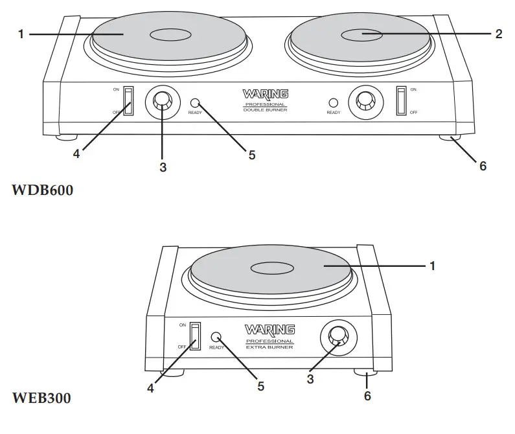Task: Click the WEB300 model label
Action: coord(41,397)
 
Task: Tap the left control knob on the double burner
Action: coord(163,102)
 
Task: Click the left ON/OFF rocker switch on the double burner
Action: coord(129,100)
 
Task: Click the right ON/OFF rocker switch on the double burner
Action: coord(401,100)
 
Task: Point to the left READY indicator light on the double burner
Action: coord(194,102)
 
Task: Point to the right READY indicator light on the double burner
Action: coord(334,102)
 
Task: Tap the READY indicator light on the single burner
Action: coord(216,337)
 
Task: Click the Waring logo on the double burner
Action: coord(264,95)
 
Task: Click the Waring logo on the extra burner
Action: coord(269,330)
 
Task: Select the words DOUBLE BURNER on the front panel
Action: coord(264,111)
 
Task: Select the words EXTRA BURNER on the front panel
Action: coord(269,347)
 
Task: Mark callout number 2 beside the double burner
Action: coord(499,34)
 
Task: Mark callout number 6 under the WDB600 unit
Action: coord(483,166)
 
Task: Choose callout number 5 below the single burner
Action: coord(261,386)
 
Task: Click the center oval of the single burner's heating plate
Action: coord(271,266)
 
